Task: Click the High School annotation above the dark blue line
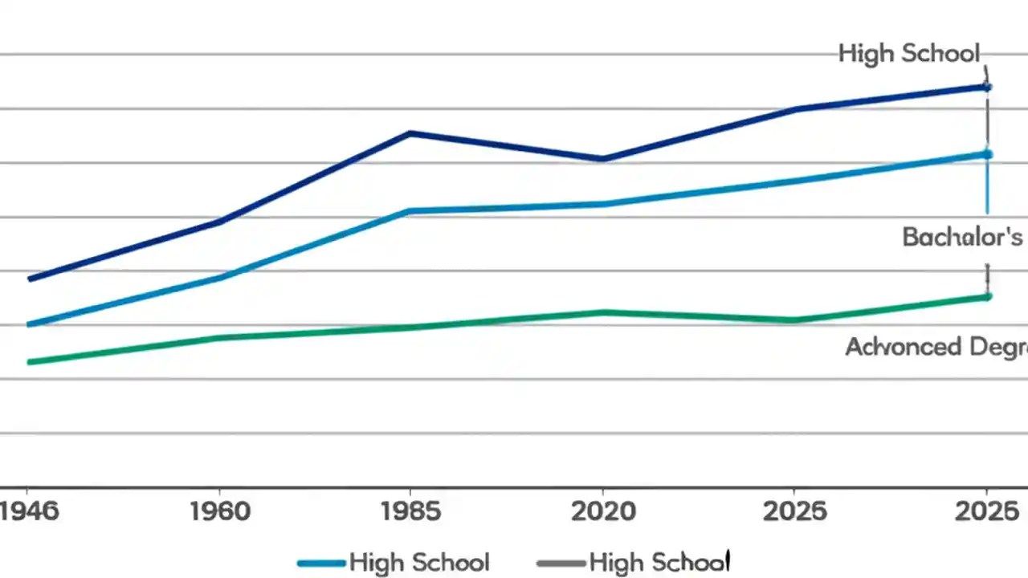point(909,54)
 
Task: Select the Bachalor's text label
point(962,237)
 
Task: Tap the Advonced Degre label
point(936,347)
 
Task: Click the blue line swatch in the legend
point(322,563)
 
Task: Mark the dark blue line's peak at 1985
point(410,133)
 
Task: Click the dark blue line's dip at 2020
point(602,159)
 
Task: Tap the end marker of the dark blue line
point(987,87)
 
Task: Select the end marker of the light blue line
point(987,154)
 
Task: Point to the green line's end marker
point(987,296)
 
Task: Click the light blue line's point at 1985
point(410,211)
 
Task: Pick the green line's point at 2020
point(602,312)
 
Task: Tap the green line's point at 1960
point(220,337)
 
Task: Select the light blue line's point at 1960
point(220,278)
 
